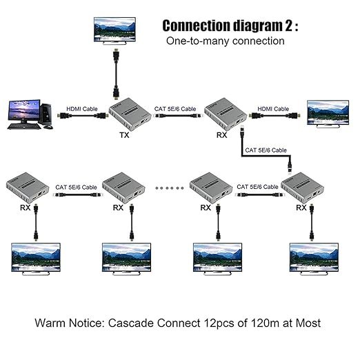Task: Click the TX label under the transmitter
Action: [x=124, y=135]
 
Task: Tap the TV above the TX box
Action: [x=114, y=30]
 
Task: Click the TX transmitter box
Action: [x=130, y=113]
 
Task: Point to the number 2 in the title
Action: [x=289, y=26]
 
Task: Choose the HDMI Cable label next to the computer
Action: [x=82, y=109]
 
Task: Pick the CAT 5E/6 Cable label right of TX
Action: [x=175, y=109]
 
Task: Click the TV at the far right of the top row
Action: [x=328, y=114]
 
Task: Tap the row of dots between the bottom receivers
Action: [x=170, y=188]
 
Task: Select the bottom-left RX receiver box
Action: [x=28, y=188]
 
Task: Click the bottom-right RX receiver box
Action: [x=303, y=188]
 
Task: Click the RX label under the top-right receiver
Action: [x=221, y=135]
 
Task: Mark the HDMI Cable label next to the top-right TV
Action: [x=273, y=109]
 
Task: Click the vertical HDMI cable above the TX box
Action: [x=116, y=74]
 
